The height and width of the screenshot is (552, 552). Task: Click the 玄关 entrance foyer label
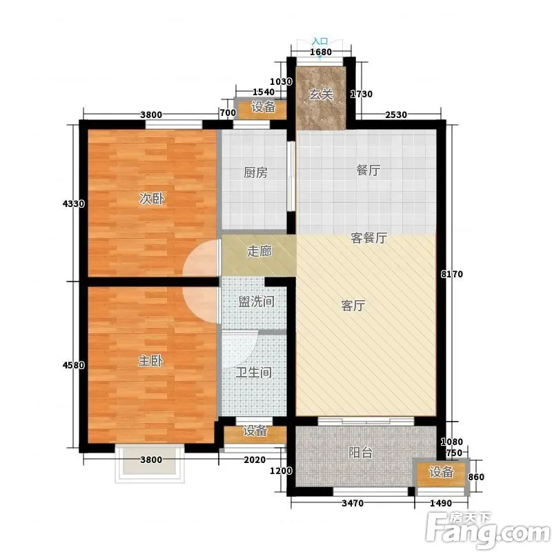pyautogui.click(x=320, y=95)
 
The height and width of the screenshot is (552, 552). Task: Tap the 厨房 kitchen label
pyautogui.click(x=255, y=172)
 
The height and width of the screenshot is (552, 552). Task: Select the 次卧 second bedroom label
pyautogui.click(x=152, y=199)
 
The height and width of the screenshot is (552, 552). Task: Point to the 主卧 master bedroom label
pyautogui.click(x=150, y=360)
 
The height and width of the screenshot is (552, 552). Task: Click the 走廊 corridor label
pyautogui.click(x=259, y=251)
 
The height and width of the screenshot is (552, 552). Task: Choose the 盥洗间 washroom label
pyautogui.click(x=256, y=302)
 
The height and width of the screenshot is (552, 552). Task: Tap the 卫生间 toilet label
pyautogui.click(x=253, y=372)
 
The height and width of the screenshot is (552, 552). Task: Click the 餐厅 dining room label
pyautogui.click(x=368, y=170)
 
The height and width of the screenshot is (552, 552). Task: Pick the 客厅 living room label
pyautogui.click(x=353, y=305)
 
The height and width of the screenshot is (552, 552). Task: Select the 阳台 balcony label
pyautogui.click(x=360, y=453)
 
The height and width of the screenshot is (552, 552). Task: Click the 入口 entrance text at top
pyautogui.click(x=319, y=41)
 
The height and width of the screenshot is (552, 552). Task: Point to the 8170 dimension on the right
pyautogui.click(x=452, y=274)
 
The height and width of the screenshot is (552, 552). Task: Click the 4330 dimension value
pyautogui.click(x=74, y=204)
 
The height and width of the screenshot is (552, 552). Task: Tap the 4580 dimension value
pyautogui.click(x=74, y=365)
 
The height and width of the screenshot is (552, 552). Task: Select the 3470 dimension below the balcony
pyautogui.click(x=353, y=504)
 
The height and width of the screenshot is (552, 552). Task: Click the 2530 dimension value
pyautogui.click(x=396, y=115)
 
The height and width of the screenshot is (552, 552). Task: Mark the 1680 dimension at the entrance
pyautogui.click(x=321, y=52)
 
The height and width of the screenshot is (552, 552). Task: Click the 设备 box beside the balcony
pyautogui.click(x=441, y=472)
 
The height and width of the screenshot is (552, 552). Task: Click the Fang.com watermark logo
pyautogui.click(x=488, y=531)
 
